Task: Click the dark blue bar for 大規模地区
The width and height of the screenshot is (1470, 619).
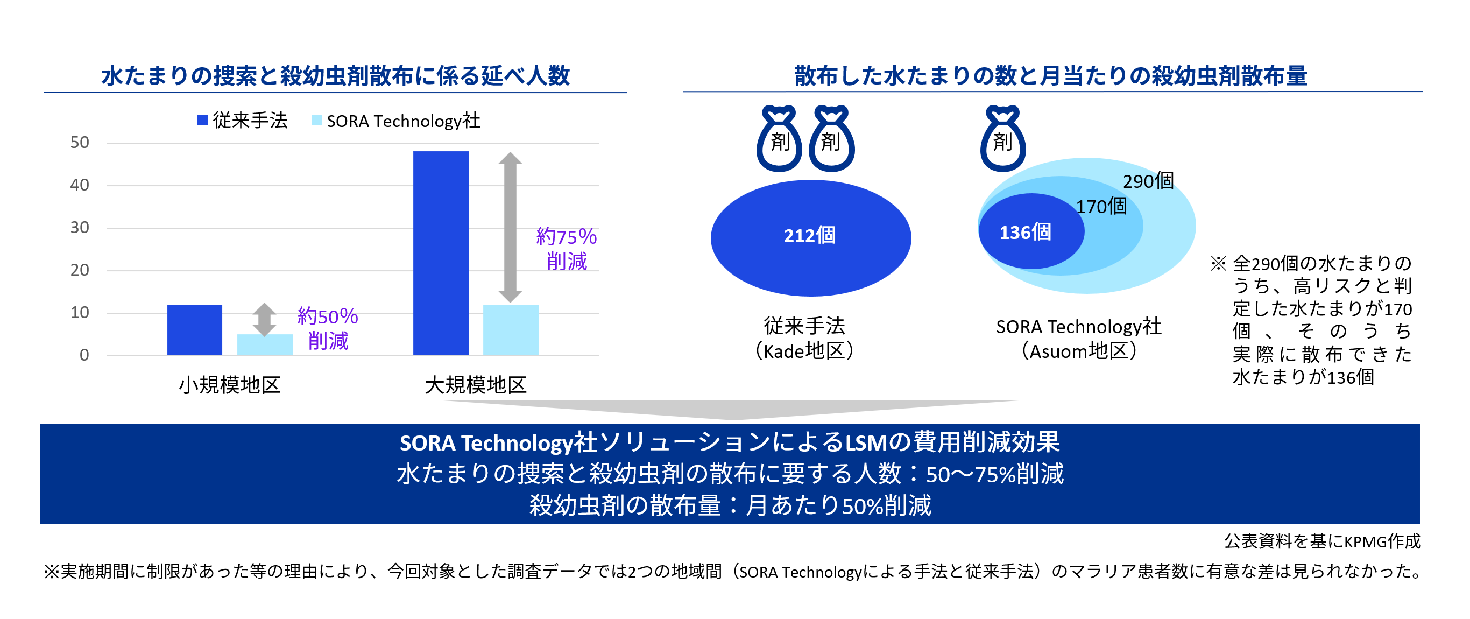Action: [x=441, y=253]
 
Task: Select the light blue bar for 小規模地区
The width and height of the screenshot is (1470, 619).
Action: [x=265, y=344]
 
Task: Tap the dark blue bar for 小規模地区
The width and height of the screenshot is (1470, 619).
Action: [x=195, y=329]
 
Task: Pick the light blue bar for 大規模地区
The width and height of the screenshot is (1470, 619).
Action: [x=511, y=329]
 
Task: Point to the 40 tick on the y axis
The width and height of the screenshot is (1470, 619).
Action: [x=79, y=185]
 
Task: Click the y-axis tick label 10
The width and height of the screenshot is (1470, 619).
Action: [x=79, y=312]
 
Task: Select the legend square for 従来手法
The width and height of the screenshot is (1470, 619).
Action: [x=202, y=120]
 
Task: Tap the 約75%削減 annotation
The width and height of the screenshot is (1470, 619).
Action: [x=566, y=248]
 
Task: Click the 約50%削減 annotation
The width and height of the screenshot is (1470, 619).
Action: [x=328, y=328]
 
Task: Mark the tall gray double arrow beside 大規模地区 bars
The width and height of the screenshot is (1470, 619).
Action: [x=510, y=227]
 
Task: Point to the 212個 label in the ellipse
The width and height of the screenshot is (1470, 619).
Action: [x=810, y=235]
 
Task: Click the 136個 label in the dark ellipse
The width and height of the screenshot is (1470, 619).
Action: [x=1025, y=233]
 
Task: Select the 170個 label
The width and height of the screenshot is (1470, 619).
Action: [x=1101, y=206]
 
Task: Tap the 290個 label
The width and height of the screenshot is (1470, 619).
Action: [x=1148, y=181]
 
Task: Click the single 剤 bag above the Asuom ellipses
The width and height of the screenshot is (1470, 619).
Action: [x=1002, y=140]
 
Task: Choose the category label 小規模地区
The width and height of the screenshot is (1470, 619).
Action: [x=229, y=385]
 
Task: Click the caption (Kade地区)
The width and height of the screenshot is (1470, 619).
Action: [x=804, y=351]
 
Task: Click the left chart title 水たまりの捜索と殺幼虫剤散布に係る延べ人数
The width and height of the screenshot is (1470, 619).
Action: [x=336, y=75]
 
